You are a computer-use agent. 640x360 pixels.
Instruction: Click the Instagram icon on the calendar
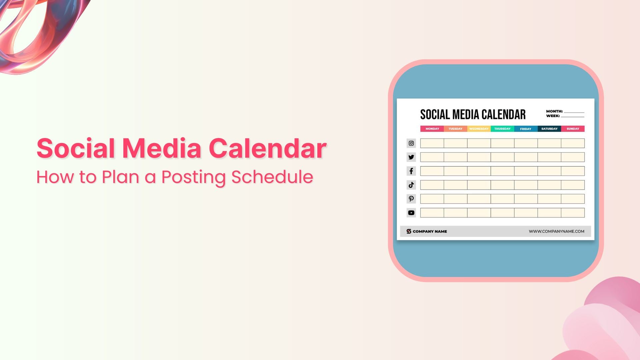[x=411, y=143]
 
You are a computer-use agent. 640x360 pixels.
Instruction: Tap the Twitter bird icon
[x=411, y=157]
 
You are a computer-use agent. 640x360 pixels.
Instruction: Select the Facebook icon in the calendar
[x=411, y=171]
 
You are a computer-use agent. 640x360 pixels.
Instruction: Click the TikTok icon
[x=411, y=185]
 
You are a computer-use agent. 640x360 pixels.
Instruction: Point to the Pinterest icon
[x=411, y=199]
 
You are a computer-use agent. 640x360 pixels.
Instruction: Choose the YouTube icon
[x=411, y=213]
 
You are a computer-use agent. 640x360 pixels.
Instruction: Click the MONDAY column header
[x=432, y=129]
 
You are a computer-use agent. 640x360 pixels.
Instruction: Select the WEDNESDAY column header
[x=479, y=129]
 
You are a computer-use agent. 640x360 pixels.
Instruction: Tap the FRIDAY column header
[x=526, y=129]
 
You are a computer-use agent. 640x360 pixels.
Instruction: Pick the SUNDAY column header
[x=573, y=129]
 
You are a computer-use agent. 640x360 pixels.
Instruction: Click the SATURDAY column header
[x=549, y=129]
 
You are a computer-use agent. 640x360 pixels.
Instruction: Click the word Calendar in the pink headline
[x=267, y=148]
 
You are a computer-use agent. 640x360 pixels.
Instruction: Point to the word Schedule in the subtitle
[x=272, y=177]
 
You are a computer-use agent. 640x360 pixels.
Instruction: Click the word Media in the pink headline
[x=162, y=148]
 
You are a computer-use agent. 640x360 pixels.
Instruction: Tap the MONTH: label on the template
[x=554, y=111]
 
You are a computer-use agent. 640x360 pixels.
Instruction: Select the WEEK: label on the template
[x=553, y=116]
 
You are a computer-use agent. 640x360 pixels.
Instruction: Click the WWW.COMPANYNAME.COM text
[x=556, y=231]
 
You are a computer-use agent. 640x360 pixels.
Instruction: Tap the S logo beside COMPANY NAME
[x=409, y=231]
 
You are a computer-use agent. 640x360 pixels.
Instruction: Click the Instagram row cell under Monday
[x=432, y=143]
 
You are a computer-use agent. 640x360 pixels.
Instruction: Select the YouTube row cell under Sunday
[x=573, y=213]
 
